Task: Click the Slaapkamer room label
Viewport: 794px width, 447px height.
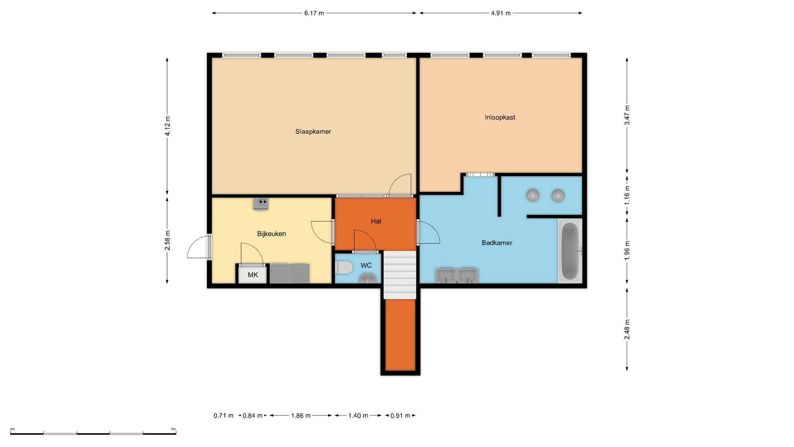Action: (x=313, y=132)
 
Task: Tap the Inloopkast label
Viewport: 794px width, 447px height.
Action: (x=500, y=118)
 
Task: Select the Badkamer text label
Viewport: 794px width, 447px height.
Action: (x=497, y=243)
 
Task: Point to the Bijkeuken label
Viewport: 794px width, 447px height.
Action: (x=271, y=234)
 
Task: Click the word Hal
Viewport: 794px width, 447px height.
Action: (x=376, y=221)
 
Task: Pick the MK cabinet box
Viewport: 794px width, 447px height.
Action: (x=253, y=274)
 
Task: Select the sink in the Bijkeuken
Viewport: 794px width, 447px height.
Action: (x=261, y=204)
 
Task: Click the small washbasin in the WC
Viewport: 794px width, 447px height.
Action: (x=366, y=278)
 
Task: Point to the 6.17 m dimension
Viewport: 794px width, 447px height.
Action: (x=314, y=13)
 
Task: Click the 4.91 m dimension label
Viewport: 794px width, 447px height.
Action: (x=501, y=13)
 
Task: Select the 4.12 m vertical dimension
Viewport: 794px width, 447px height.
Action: (x=167, y=126)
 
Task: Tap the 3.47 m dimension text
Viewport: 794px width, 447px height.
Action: (x=627, y=115)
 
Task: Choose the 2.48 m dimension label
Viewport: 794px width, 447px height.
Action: (x=627, y=330)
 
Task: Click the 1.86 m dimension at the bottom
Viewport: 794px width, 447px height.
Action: (x=301, y=416)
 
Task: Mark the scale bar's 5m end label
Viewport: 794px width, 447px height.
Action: (x=174, y=429)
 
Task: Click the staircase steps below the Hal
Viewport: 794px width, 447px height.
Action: (x=399, y=275)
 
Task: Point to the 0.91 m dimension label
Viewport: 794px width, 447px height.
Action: (x=400, y=416)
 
